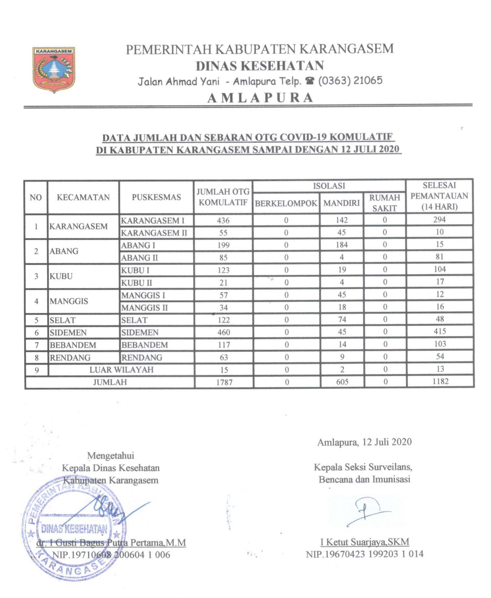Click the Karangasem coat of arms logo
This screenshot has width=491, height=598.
tap(54, 70)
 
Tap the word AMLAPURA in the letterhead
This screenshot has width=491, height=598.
tap(260, 98)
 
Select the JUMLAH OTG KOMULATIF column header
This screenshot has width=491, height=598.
tap(223, 197)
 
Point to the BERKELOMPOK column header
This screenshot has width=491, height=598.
tap(286, 203)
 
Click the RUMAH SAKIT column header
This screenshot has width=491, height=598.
tap(385, 203)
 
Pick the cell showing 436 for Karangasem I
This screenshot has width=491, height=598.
tap(223, 220)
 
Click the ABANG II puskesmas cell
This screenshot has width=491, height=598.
tap(139, 258)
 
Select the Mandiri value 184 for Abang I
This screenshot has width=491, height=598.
tap(342, 245)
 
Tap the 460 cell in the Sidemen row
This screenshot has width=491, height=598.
tap(223, 333)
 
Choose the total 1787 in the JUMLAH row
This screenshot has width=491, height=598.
tap(224, 382)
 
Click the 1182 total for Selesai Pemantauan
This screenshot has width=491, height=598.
tap(440, 382)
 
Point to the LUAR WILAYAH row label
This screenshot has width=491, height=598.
tap(121, 370)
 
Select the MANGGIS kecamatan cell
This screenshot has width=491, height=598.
tap(69, 301)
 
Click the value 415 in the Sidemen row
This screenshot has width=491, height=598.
tap(440, 332)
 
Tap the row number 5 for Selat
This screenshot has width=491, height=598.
tap(36, 320)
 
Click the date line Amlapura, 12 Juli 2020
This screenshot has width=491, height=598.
tap(364, 442)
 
